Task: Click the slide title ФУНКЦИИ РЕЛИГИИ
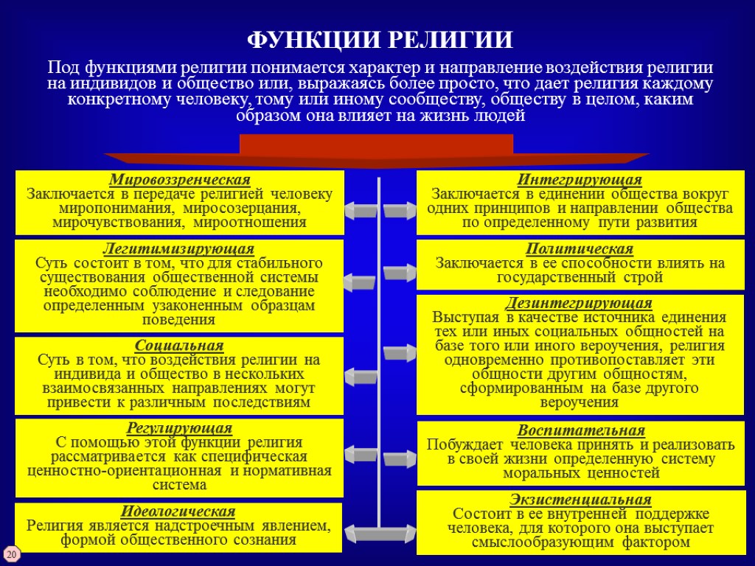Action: (x=379, y=38)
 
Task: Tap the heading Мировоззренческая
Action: (x=180, y=180)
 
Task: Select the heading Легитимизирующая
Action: (x=180, y=249)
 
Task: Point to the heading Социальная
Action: (x=179, y=346)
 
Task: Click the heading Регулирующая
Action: (x=179, y=428)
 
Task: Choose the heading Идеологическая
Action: (x=178, y=511)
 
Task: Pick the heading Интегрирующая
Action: (x=580, y=180)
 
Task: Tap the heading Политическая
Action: (x=580, y=249)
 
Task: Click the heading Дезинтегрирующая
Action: (x=579, y=303)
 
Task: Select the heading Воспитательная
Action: (x=581, y=430)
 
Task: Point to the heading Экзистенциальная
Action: (x=580, y=499)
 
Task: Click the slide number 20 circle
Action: (x=12, y=553)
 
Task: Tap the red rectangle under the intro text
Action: (x=376, y=144)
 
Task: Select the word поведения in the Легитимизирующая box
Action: (x=180, y=319)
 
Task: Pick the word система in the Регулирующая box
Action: (x=179, y=484)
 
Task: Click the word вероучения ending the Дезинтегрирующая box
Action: (x=580, y=402)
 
